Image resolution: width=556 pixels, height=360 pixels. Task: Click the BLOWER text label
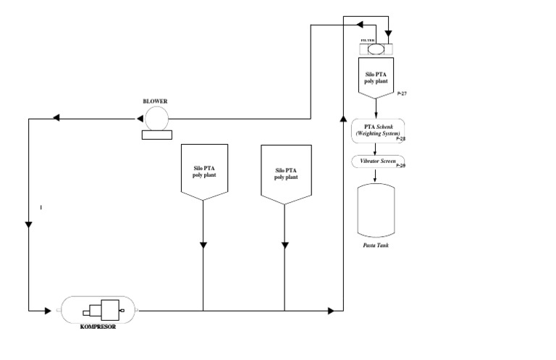click(x=155, y=101)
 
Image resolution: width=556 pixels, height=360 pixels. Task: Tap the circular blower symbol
click(x=156, y=118)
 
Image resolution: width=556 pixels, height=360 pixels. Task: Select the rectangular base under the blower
click(x=156, y=134)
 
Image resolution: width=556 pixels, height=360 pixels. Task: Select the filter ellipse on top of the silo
click(x=376, y=50)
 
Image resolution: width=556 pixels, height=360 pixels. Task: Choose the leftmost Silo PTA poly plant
click(x=203, y=171)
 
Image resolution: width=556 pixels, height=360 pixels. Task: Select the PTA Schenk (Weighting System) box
click(x=376, y=130)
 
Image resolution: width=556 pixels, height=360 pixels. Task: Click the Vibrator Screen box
click(x=377, y=161)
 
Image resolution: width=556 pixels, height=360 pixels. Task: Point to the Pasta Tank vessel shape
click(x=376, y=209)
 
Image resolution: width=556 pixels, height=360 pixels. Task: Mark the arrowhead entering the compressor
click(x=53, y=311)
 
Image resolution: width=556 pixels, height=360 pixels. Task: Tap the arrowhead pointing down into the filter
click(x=389, y=33)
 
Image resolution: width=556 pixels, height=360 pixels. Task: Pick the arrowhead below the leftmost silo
click(x=203, y=246)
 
